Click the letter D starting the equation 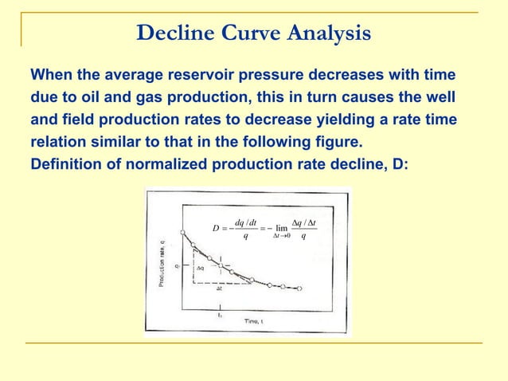(215, 229)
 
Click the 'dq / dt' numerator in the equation (245, 222)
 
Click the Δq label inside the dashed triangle (201, 269)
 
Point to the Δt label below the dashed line (221, 289)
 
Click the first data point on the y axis (183, 233)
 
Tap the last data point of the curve (299, 288)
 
